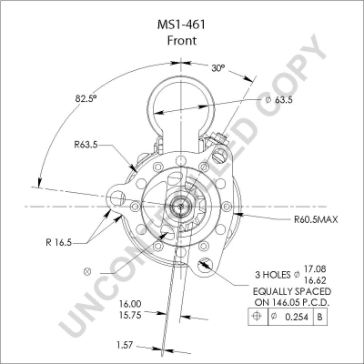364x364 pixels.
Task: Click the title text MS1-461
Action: click(181, 25)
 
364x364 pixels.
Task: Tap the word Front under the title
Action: click(182, 40)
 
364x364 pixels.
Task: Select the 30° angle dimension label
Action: click(218, 68)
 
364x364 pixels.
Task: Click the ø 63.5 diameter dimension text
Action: click(278, 100)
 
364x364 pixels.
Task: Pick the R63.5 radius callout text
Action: click(86, 145)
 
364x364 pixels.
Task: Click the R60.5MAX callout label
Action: click(316, 219)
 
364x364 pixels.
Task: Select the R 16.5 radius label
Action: click(58, 242)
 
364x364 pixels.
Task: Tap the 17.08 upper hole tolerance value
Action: click(315, 268)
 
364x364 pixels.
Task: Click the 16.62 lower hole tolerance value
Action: click(315, 279)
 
